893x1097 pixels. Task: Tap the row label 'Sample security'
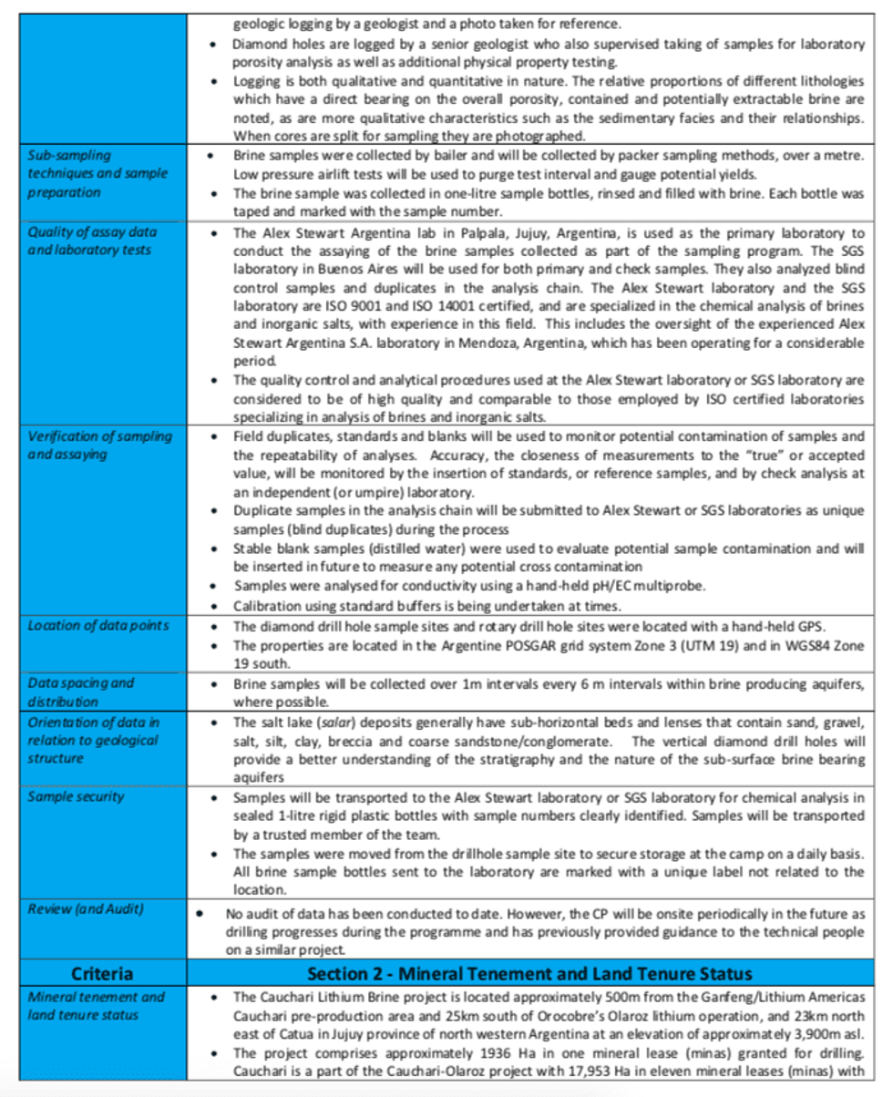coord(76,796)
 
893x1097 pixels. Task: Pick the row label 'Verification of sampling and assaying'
coord(100,445)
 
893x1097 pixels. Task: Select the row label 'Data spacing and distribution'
coord(81,692)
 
